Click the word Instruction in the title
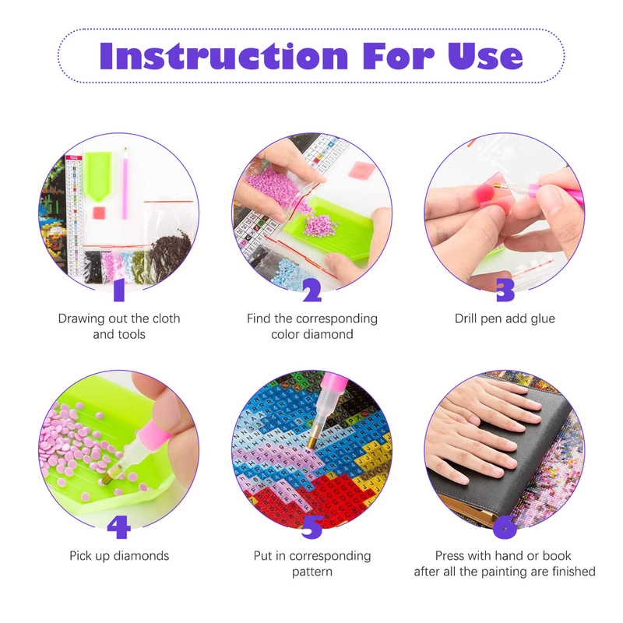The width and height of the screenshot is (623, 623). pyautogui.click(x=224, y=56)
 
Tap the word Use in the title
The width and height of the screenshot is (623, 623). pyautogui.click(x=485, y=56)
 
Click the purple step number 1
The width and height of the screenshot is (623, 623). pyautogui.click(x=119, y=290)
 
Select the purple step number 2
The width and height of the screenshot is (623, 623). pyautogui.click(x=312, y=290)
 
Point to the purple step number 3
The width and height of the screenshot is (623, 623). pyautogui.click(x=505, y=290)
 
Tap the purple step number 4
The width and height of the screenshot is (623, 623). pyautogui.click(x=119, y=527)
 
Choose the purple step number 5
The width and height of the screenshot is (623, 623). pyautogui.click(x=312, y=528)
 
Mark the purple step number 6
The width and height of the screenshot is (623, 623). pyautogui.click(x=505, y=528)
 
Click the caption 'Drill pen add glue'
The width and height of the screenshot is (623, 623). pyautogui.click(x=505, y=319)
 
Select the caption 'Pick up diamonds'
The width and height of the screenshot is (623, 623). pyautogui.click(x=119, y=556)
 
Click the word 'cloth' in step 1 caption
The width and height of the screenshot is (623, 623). pyautogui.click(x=165, y=319)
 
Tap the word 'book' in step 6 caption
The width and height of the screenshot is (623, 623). pyautogui.click(x=557, y=555)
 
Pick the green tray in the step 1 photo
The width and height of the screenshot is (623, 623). pyautogui.click(x=97, y=175)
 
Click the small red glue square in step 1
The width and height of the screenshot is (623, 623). pyautogui.click(x=99, y=213)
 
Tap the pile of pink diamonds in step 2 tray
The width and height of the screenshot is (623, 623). pyautogui.click(x=320, y=225)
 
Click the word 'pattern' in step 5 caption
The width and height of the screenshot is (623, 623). pyautogui.click(x=312, y=572)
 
